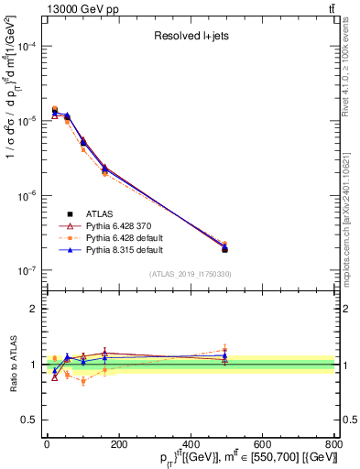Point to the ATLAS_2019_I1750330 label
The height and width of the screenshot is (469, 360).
pyautogui.click(x=190, y=274)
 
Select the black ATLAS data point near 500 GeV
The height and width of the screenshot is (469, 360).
pyautogui.click(x=225, y=249)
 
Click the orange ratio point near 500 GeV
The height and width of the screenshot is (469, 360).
pyautogui.click(x=225, y=350)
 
